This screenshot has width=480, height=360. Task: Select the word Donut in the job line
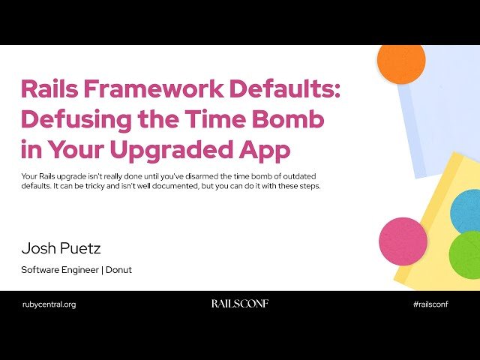[118, 270]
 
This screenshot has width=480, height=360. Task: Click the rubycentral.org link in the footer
[49, 304]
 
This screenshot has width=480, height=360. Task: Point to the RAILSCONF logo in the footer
[239, 304]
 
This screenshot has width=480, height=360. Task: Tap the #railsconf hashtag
[435, 304]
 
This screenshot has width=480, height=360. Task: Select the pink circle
[403, 241]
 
